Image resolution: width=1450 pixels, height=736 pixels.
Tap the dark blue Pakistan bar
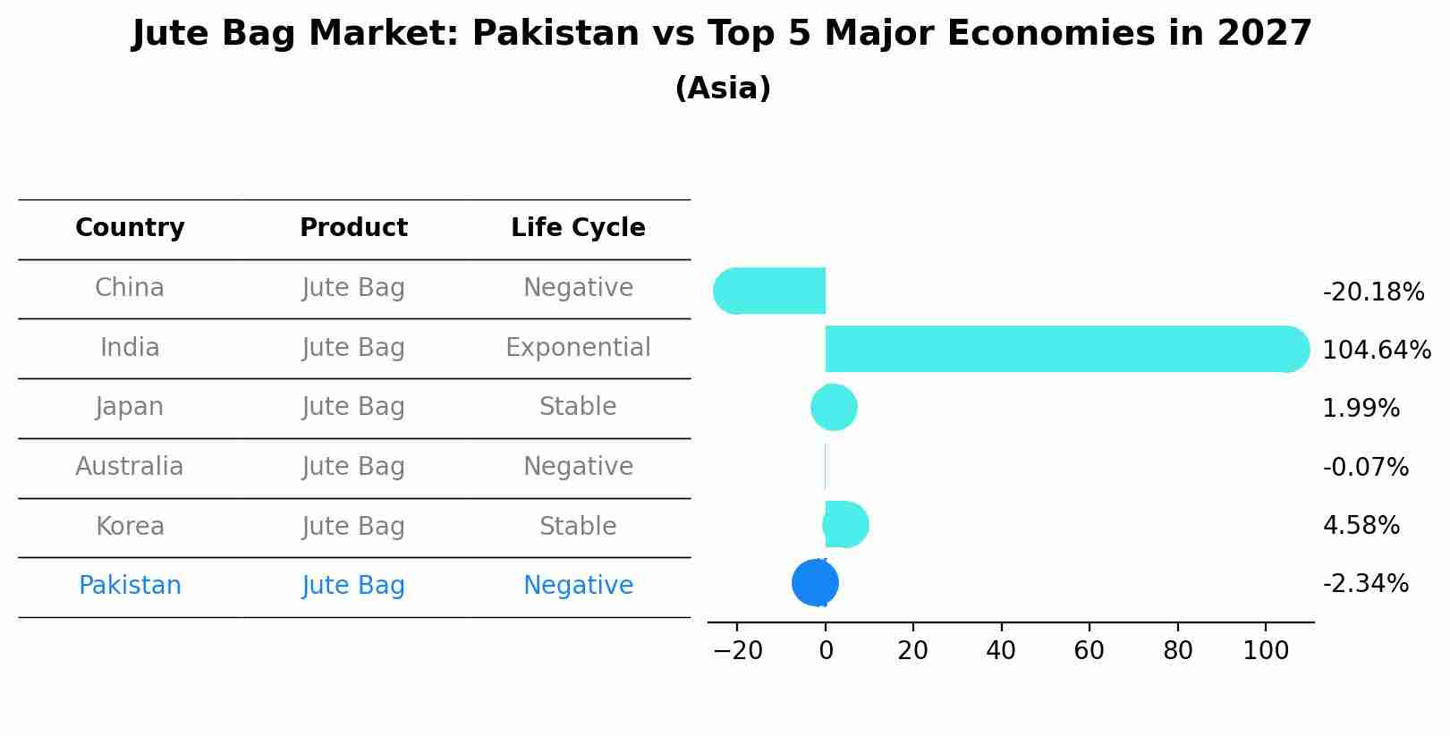click(814, 583)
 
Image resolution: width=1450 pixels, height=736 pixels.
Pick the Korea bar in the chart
click(845, 525)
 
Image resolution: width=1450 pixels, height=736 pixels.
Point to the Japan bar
click(834, 408)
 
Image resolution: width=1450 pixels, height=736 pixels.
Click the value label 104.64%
click(1376, 351)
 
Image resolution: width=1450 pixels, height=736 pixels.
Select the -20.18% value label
click(1372, 292)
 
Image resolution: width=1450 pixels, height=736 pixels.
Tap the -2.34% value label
click(1365, 584)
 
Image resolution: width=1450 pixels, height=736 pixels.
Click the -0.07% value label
click(1365, 468)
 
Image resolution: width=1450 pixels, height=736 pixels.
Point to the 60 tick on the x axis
click(1089, 651)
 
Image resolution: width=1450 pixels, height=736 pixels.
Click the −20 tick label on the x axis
click(738, 651)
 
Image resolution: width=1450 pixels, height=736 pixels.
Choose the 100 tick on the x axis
click(1265, 651)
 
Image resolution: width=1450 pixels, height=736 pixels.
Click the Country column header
click(130, 228)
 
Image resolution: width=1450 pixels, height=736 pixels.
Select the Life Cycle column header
click(578, 228)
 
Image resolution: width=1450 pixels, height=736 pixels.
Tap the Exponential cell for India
click(578, 348)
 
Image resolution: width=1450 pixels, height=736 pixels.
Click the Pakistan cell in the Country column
click(130, 586)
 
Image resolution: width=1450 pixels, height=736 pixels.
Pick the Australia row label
click(130, 467)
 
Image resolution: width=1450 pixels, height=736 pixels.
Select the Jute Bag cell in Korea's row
click(353, 527)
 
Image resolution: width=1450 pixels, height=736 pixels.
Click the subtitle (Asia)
click(723, 89)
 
